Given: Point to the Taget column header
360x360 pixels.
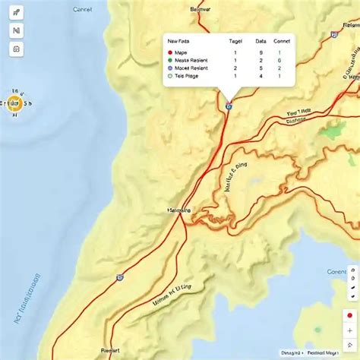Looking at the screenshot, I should (x=235, y=41).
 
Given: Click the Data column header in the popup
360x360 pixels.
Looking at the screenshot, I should (x=261, y=41).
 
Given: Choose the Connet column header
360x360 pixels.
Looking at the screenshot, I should (x=282, y=41).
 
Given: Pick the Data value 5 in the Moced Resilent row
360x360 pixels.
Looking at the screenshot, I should (x=261, y=68).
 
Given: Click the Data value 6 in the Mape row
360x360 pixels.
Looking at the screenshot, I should (x=261, y=52).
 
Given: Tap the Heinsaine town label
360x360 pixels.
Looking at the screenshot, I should (x=179, y=210).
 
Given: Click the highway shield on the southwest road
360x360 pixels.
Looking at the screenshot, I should (x=120, y=278).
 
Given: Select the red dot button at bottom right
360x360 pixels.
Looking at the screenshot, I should (x=350, y=315).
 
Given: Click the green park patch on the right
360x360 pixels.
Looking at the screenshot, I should (x=333, y=130).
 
